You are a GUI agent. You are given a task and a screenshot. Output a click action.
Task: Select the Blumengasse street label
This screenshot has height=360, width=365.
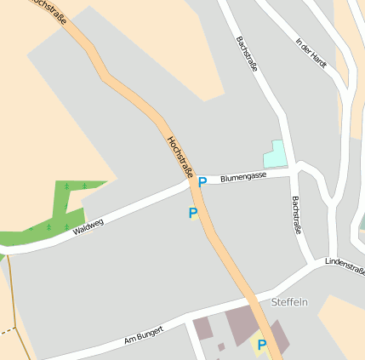click(x=243, y=176)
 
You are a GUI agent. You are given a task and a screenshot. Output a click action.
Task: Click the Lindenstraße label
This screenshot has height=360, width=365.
click(x=345, y=266)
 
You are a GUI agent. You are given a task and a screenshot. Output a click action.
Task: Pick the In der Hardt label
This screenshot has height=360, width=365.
click(x=311, y=53)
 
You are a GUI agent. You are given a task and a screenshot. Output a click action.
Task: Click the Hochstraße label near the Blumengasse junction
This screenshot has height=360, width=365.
click(x=180, y=157)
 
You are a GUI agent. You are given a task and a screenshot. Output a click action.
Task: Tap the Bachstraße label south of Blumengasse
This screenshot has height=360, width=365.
click(x=296, y=214)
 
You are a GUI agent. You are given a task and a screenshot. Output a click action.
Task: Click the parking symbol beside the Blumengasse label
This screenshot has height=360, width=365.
click(x=202, y=181)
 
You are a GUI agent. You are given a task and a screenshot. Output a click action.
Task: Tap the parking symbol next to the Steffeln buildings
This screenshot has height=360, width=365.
click(x=262, y=345)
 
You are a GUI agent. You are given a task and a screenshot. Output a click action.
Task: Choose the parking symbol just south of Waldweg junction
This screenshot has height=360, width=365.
click(x=193, y=213)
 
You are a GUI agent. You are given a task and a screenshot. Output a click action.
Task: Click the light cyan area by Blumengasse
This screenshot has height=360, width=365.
click(x=276, y=153)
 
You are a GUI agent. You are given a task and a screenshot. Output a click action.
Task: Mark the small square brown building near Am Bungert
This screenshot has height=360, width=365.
click(x=221, y=346)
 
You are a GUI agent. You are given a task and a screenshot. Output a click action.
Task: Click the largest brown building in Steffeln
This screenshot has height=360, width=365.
click(x=242, y=324)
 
